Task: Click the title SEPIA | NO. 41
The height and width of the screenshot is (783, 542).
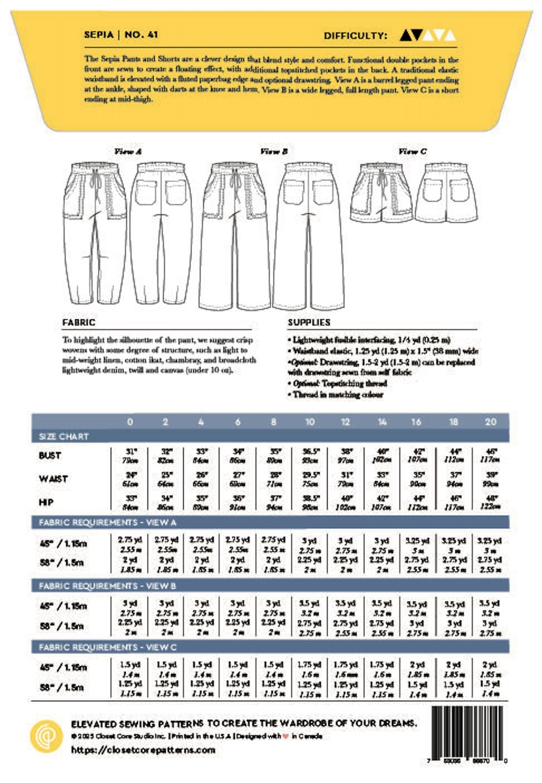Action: tap(122, 36)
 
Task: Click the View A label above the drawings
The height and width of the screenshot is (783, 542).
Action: tap(128, 152)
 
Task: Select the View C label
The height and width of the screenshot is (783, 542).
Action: tap(413, 152)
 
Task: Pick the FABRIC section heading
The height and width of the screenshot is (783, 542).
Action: tap(79, 322)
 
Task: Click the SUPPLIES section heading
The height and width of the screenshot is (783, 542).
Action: tap(310, 322)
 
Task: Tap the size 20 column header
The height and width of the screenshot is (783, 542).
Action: tap(490, 422)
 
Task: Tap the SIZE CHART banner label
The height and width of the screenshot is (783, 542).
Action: tap(63, 436)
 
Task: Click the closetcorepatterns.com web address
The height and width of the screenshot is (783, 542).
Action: tap(143, 750)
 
